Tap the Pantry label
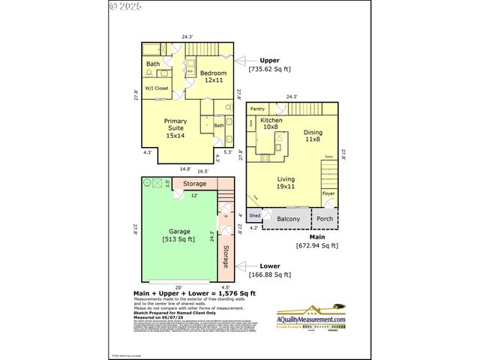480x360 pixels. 259,109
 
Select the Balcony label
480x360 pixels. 288,220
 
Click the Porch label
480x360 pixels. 325,220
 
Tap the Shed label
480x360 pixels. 254,216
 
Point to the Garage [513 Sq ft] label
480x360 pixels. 178,235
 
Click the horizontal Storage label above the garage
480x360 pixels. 195,183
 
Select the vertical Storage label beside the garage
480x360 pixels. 226,256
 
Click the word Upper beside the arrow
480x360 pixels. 269,60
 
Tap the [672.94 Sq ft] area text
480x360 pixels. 316,245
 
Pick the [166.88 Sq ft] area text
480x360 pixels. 269,274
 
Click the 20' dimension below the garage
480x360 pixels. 178,286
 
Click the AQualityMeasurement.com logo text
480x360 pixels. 312,320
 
